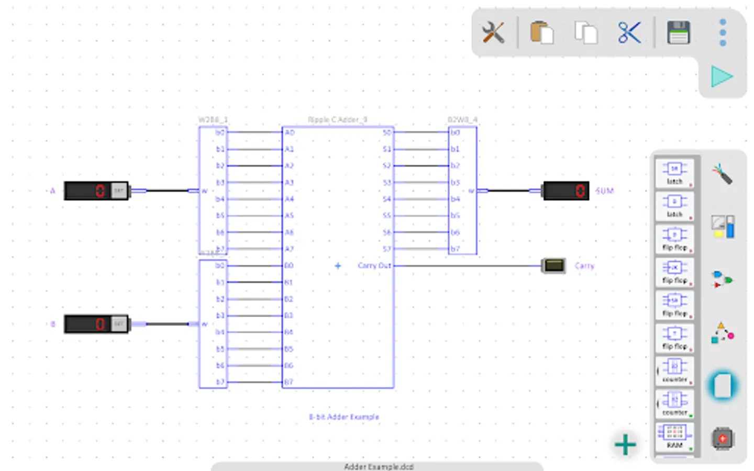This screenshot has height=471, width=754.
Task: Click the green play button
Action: point(722,77)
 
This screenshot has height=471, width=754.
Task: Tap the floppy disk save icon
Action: point(679,33)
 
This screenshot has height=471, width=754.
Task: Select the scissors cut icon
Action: point(629,33)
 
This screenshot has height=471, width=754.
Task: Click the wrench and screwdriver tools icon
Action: point(493,33)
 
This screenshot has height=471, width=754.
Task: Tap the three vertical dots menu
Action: point(723,33)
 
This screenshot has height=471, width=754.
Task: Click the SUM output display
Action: point(566,191)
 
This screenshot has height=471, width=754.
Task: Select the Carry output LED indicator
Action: point(553,266)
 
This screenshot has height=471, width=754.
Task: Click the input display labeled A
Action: point(96,191)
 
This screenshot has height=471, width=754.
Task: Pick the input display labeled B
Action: point(96,324)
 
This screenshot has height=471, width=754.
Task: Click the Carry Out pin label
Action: point(374,266)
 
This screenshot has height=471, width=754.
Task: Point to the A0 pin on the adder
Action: point(290,133)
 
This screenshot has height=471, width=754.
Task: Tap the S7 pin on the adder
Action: point(386,249)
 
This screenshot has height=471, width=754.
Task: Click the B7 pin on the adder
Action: point(289,383)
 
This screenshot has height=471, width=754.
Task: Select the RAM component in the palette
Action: point(674,436)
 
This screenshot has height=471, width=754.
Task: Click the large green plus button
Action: point(625,445)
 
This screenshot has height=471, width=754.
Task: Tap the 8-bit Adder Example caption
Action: point(344,417)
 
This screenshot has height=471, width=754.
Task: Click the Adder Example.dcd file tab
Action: point(378,466)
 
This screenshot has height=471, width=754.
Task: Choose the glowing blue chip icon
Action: point(723,386)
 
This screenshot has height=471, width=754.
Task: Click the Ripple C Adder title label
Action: point(337,120)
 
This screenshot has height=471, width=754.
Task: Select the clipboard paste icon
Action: point(541,33)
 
